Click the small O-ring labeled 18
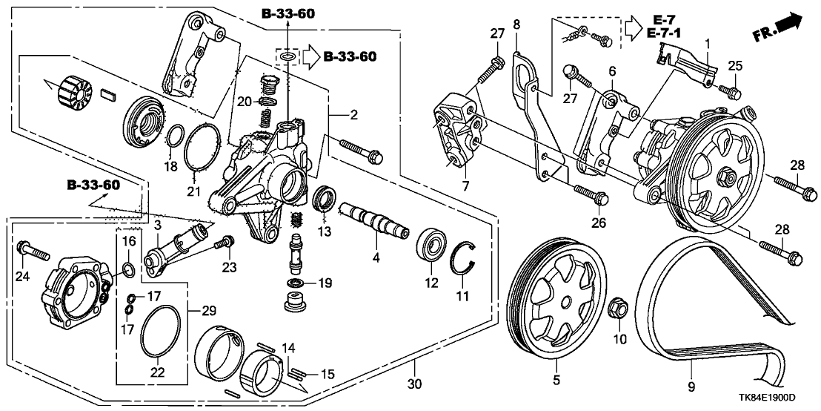174,137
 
